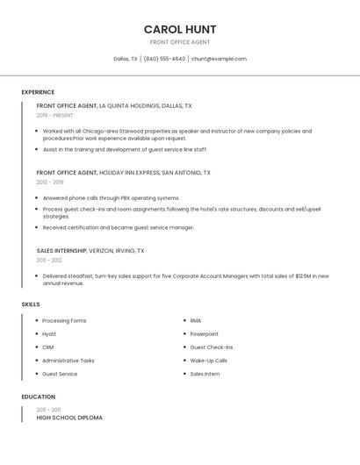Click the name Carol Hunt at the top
[x=180, y=29]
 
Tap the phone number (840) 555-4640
[x=164, y=59]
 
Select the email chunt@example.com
[x=219, y=59]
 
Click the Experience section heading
[x=38, y=92]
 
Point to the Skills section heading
[x=31, y=304]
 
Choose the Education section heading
[x=39, y=397]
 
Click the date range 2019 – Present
[x=55, y=115]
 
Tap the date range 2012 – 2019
[x=50, y=182]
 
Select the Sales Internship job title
[x=61, y=250]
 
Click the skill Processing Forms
[x=64, y=321]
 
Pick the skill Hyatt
[x=49, y=334]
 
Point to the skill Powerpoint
[x=205, y=334]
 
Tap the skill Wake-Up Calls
[x=209, y=361]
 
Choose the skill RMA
[x=196, y=321]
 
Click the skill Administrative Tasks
[x=68, y=361]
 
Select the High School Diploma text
[x=69, y=418]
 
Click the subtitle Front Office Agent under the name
[x=180, y=42]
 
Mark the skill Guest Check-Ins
[x=212, y=347]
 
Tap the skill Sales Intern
[x=205, y=374]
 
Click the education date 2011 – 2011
[x=48, y=410]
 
